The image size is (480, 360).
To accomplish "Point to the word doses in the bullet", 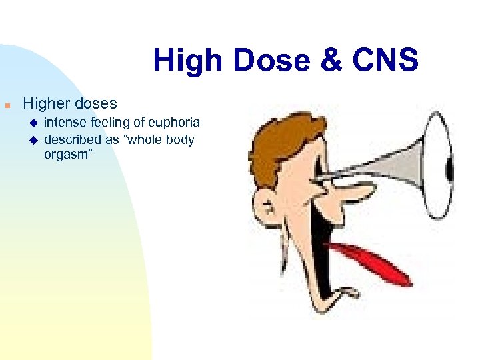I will point(97,104).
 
